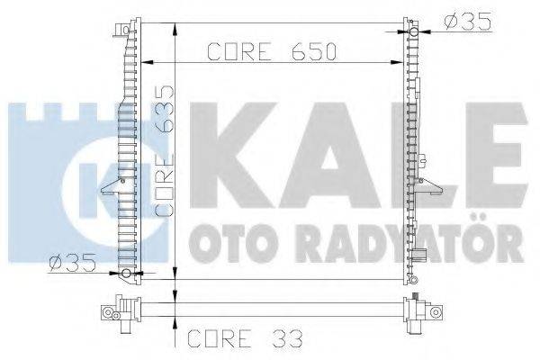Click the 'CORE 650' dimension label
point(272,52)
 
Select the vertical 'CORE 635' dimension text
point(166,151)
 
